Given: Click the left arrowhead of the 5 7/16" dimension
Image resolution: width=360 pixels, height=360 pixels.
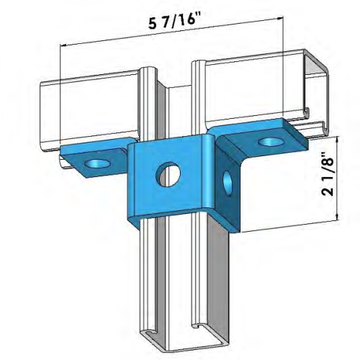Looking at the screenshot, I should [66, 45].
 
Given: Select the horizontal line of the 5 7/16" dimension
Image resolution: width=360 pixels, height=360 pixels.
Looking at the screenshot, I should [130, 45].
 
